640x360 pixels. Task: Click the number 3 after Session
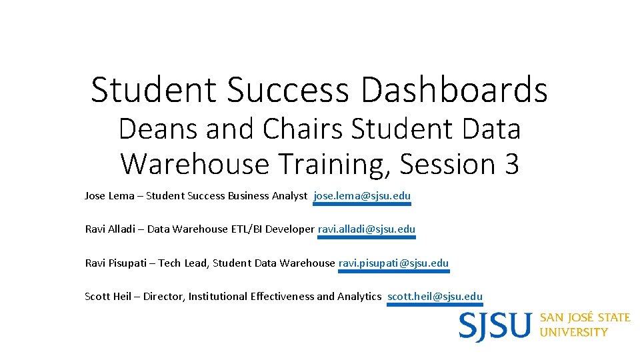tap(511, 164)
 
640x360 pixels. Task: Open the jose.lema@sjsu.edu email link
tap(362, 196)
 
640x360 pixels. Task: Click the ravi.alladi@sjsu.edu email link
tap(366, 229)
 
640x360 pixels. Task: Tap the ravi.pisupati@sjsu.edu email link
tap(394, 263)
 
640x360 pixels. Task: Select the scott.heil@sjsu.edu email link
tap(435, 297)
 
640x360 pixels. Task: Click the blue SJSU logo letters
tap(495, 326)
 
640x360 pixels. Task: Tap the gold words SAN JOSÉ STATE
tap(585, 317)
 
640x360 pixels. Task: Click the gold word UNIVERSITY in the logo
tap(573, 332)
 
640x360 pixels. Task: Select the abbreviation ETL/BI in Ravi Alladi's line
tap(247, 229)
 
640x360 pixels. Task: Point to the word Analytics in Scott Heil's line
tap(359, 297)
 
